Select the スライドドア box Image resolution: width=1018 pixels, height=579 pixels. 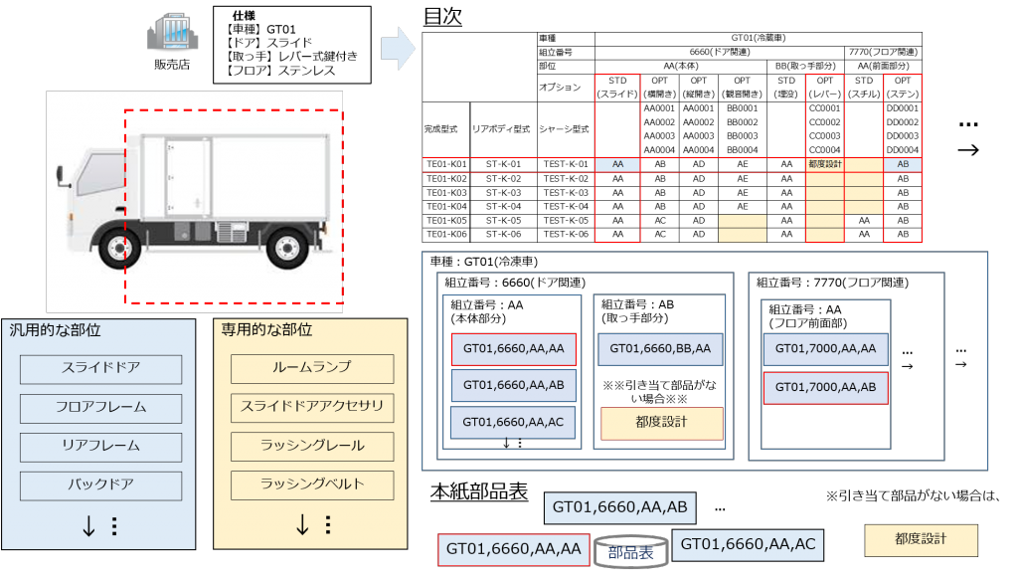100,369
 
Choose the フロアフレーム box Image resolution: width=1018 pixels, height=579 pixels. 100,408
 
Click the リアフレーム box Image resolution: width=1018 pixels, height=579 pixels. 100,447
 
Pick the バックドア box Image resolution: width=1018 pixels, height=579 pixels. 100,485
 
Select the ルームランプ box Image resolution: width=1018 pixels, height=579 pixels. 312,368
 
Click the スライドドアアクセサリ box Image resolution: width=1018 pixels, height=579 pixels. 312,407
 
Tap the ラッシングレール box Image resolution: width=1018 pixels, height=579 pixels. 312,446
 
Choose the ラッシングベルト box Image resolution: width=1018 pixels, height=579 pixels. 312,484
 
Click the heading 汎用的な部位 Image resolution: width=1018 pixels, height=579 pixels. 56,330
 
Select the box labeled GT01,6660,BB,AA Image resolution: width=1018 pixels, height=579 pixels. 660,349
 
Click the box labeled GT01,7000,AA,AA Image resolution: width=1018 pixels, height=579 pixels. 825,349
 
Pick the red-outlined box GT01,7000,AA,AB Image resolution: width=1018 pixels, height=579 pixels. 825,386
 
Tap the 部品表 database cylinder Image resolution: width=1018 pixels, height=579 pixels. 630,553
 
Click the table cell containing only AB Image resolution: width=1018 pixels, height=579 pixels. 903,164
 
